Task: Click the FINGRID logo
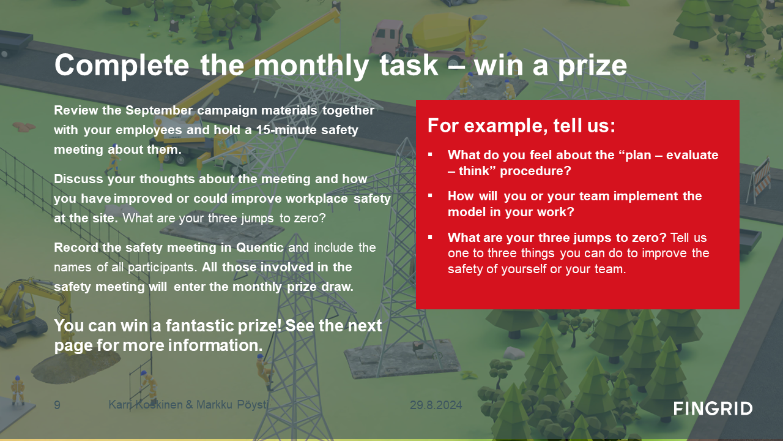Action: coord(713,409)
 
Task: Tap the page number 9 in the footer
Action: coord(58,405)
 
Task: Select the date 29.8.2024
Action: coord(436,405)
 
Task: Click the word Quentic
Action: coord(260,247)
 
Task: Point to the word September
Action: coord(159,111)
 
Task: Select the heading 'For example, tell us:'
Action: coord(521,126)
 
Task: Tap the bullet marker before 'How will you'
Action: coord(430,195)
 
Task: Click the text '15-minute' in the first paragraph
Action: coord(285,130)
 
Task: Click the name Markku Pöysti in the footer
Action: coord(232,405)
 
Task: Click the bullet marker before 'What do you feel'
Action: coord(430,154)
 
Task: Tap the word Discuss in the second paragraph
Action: coord(79,179)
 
